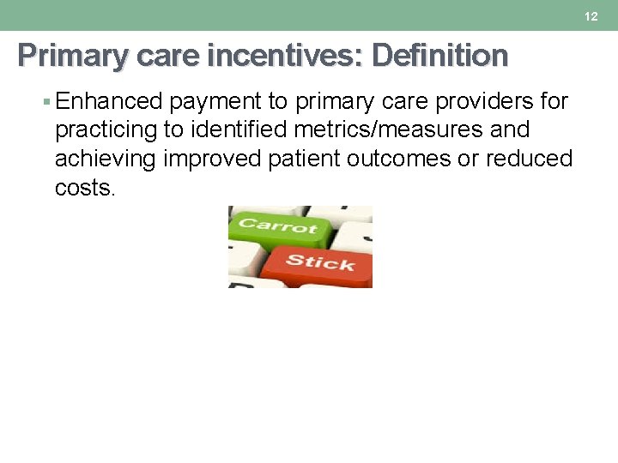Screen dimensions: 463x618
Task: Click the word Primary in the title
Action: [71, 56]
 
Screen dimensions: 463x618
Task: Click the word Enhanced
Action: [109, 101]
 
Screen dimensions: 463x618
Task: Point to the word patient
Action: [310, 159]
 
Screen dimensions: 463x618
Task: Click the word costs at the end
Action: [84, 188]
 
